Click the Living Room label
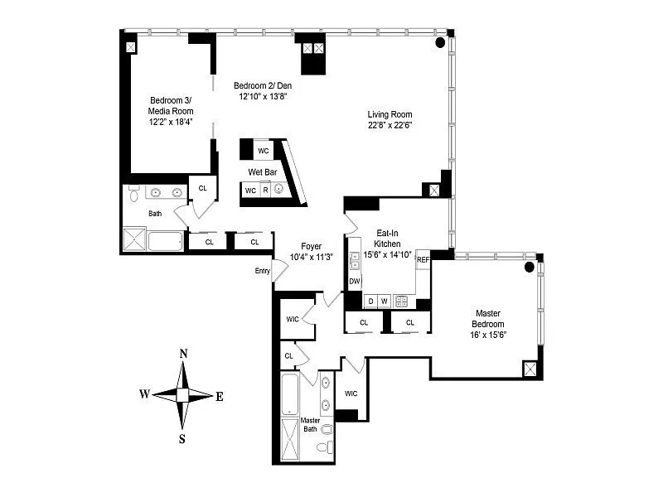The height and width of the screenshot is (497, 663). (x=390, y=114)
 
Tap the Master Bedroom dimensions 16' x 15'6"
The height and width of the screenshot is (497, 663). (x=488, y=335)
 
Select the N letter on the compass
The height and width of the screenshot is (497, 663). (x=183, y=354)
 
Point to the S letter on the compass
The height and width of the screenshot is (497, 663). (x=182, y=439)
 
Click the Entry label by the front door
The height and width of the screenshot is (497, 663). (x=262, y=271)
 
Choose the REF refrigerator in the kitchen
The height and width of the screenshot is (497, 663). (x=423, y=260)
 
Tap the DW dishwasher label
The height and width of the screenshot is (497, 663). (x=355, y=282)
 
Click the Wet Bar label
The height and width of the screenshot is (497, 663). (x=263, y=172)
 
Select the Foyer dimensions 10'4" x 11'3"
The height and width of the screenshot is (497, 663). (x=312, y=257)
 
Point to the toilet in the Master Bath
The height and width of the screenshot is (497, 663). (x=325, y=447)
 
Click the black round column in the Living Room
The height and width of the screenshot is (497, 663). (x=440, y=42)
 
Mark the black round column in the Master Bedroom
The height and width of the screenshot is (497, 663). (x=529, y=267)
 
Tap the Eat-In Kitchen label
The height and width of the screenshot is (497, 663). (x=387, y=239)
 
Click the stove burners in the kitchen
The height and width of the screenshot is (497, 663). (x=401, y=302)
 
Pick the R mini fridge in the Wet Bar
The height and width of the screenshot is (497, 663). (x=265, y=191)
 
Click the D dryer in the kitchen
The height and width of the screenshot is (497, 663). (x=370, y=302)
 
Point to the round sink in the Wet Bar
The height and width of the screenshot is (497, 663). (x=278, y=189)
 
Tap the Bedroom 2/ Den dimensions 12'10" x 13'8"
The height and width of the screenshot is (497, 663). (x=263, y=96)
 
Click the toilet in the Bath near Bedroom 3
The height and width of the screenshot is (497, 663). (x=134, y=194)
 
